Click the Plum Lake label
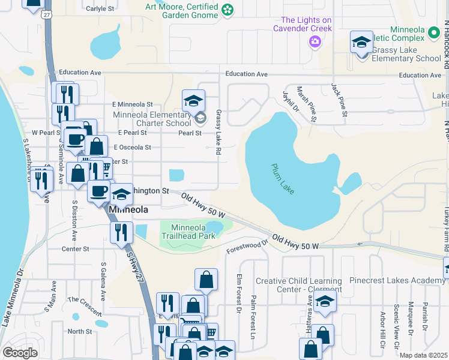(283, 178)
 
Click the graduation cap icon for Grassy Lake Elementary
(361, 42)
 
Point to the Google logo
(20, 352)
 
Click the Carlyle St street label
(100, 9)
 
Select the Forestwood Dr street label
(247, 247)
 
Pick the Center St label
(75, 248)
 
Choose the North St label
(79, 331)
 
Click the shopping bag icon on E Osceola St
(96, 146)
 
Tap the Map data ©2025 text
(423, 355)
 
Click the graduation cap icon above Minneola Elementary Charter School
(194, 100)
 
